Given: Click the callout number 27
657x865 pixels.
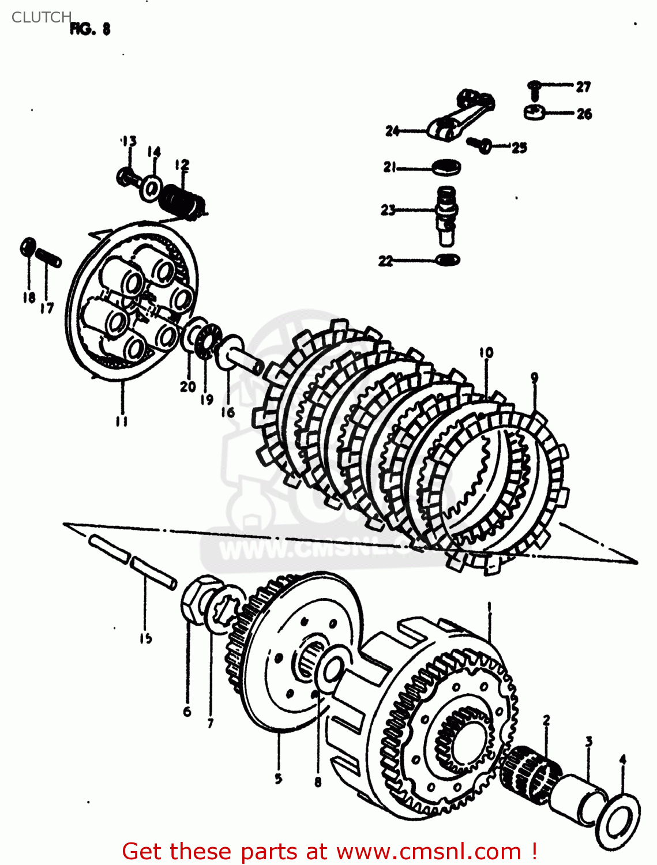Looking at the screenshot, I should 583,86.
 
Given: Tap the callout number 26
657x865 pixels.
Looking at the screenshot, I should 584,114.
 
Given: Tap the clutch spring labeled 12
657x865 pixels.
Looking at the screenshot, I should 183,202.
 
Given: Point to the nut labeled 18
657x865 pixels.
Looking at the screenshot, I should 27,247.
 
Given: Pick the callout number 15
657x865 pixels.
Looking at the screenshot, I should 145,637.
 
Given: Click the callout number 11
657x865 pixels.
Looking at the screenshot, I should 121,422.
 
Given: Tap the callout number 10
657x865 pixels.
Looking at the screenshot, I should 486,352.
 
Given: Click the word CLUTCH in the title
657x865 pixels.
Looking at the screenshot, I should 41,17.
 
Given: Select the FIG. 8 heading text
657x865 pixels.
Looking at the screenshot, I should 90,29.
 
